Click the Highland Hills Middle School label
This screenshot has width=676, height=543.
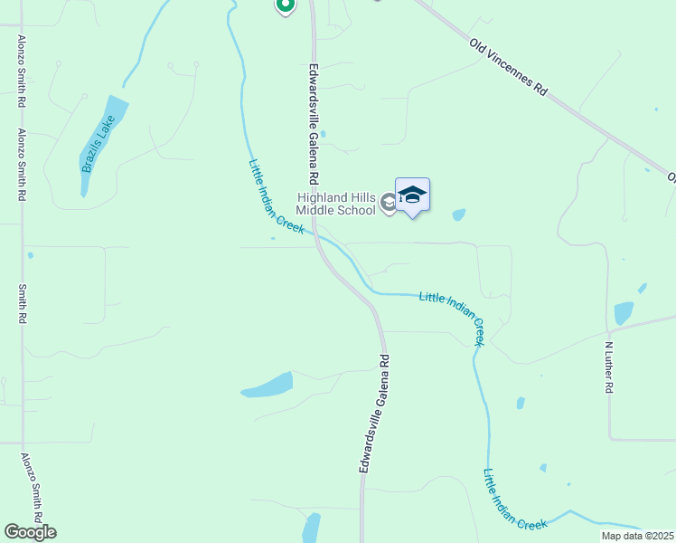[x=335, y=205]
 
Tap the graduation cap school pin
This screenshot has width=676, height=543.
[x=412, y=195]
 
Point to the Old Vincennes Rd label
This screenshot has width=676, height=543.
[x=509, y=67]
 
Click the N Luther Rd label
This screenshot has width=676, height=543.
[x=609, y=367]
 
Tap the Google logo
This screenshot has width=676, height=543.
[x=30, y=532]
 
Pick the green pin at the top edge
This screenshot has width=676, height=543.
[x=285, y=5]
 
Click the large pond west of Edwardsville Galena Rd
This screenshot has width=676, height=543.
[x=268, y=385]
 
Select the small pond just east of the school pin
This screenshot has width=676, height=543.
[x=458, y=215]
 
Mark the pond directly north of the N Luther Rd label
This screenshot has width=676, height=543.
[x=624, y=313]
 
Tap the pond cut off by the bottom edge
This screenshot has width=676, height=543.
[x=311, y=528]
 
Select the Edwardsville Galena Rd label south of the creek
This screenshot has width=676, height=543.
[x=373, y=413]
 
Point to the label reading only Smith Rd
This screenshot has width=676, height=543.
[x=23, y=305]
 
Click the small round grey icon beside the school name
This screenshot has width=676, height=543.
[x=388, y=203]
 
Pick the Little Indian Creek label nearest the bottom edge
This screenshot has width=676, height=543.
[x=515, y=500]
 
